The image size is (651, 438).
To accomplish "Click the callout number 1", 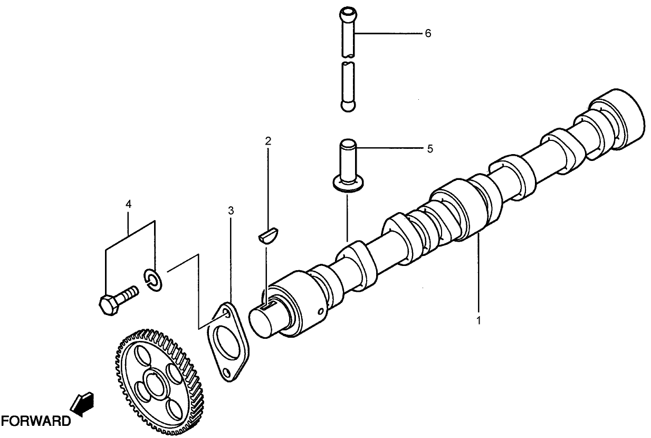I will [x=479, y=320].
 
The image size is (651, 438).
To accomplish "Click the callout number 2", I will [x=268, y=141].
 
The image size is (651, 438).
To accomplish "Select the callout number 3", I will [x=231, y=211].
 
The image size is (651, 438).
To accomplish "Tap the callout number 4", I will [x=129, y=204].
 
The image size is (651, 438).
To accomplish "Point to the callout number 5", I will [x=430, y=149].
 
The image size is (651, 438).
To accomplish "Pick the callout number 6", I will [x=428, y=33].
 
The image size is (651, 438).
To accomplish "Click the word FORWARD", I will [x=35, y=421].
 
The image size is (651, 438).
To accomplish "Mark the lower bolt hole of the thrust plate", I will [x=226, y=373].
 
